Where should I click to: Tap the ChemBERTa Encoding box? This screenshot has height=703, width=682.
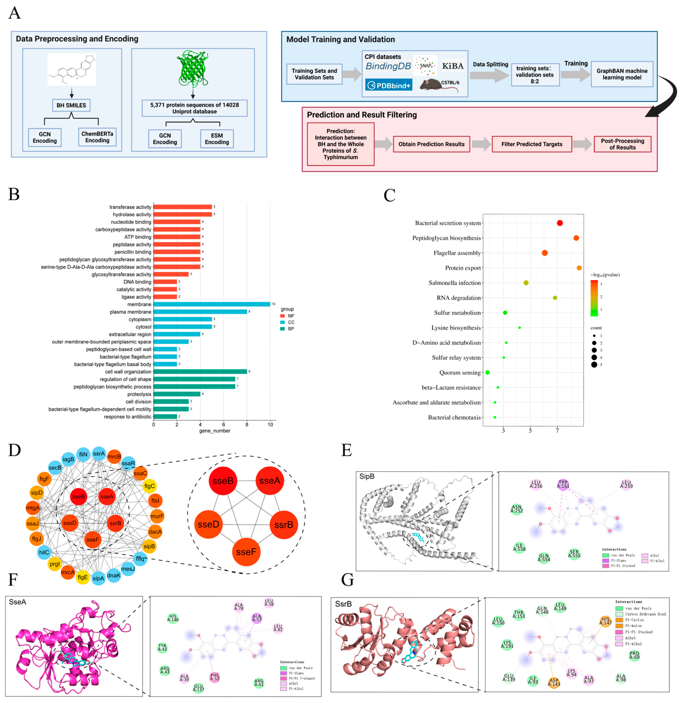(x=97, y=137)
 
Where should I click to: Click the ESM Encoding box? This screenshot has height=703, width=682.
(x=217, y=139)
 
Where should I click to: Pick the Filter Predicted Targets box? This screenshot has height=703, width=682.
(x=532, y=144)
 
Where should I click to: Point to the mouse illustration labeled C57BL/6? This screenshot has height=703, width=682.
(x=436, y=85)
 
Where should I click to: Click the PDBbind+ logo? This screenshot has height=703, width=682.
(x=389, y=85)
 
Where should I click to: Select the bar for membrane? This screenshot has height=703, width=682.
(x=212, y=304)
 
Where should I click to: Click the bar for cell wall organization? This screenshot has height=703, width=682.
(x=200, y=372)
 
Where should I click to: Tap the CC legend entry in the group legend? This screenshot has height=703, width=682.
(x=287, y=322)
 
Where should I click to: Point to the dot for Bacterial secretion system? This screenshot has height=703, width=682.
(x=559, y=223)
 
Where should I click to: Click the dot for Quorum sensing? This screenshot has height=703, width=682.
(x=487, y=372)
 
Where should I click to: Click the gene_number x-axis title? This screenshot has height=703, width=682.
(x=215, y=431)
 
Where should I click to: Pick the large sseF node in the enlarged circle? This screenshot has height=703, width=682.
(x=246, y=552)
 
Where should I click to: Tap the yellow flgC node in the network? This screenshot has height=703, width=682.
(x=149, y=486)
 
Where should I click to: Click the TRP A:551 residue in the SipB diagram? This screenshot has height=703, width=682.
(x=563, y=484)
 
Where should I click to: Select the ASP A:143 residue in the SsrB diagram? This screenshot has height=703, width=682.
(x=554, y=682)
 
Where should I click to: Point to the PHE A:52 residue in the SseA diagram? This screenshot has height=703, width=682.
(x=215, y=677)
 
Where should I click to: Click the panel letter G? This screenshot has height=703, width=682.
(x=347, y=580)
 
